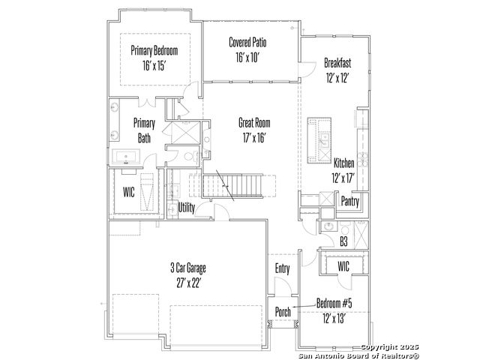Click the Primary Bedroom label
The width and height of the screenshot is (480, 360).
[154, 50]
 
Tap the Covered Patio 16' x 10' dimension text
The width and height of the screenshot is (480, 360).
[247, 57]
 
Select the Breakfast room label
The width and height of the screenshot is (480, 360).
[337, 63]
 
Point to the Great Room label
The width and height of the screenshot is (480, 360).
[254, 123]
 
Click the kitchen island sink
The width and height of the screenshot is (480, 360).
[324, 140]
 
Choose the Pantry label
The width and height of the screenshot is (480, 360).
[350, 202]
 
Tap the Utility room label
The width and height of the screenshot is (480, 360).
[186, 208]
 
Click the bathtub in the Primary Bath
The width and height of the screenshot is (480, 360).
[126, 157]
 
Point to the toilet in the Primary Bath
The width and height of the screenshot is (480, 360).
[190, 157]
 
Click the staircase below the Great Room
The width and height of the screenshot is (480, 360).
[232, 186]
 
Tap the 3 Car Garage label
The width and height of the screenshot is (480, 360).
[188, 268]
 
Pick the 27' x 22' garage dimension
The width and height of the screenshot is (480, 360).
[188, 283]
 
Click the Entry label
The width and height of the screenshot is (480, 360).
[282, 268]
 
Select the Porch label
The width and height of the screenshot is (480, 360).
[283, 312]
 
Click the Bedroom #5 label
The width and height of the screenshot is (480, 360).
[334, 303]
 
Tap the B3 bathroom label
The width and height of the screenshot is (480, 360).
[343, 241]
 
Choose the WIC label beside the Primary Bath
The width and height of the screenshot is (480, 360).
[128, 192]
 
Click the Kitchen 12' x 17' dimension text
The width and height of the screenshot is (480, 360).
[343, 178]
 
